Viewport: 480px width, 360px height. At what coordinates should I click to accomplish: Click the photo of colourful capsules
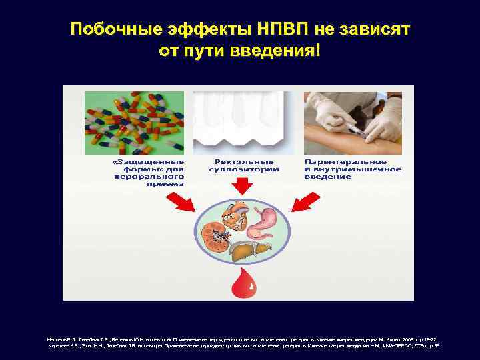(x=134, y=122)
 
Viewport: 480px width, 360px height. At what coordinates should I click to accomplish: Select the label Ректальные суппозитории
(x=243, y=165)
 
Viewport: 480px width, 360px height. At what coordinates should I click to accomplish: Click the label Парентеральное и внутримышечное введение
(x=353, y=169)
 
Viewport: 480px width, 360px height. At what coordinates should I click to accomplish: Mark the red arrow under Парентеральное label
(x=307, y=199)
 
